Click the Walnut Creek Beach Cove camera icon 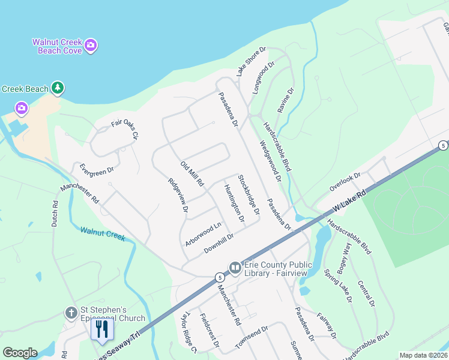tap(91, 44)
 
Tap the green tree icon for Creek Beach tap(58, 89)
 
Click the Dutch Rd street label tap(55, 213)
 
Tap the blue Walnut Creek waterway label tap(103, 233)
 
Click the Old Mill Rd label tap(193, 173)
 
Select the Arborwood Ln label tap(203, 231)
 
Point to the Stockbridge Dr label tap(248, 195)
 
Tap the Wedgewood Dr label tap(271, 161)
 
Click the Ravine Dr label tap(286, 101)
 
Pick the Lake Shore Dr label tap(251, 61)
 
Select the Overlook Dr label tap(345, 182)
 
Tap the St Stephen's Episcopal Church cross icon tap(71, 313)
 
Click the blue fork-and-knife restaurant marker tap(101, 328)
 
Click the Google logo tap(20, 353)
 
